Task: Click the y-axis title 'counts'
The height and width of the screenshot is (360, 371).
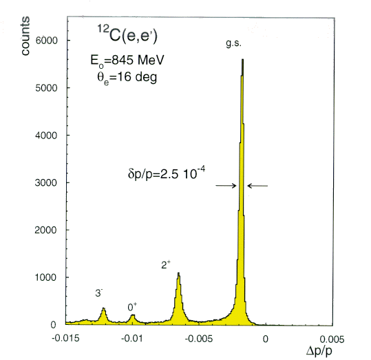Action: click(x=25, y=36)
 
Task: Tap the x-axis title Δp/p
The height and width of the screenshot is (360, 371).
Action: click(x=319, y=351)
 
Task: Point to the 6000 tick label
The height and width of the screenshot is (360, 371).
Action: click(x=46, y=41)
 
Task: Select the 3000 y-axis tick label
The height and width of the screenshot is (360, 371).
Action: click(x=46, y=182)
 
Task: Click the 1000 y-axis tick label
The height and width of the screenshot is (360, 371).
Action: click(x=46, y=277)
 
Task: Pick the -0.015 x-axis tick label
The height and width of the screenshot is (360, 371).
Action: click(x=65, y=339)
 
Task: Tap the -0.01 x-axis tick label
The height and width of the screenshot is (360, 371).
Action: click(x=132, y=339)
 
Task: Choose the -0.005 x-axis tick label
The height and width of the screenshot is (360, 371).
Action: click(x=199, y=339)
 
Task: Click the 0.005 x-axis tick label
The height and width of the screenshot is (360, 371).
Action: click(x=332, y=339)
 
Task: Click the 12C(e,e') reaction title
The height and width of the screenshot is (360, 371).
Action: click(x=127, y=34)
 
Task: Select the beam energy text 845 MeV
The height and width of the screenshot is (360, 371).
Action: click(x=138, y=60)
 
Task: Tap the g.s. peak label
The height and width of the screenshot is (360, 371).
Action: click(x=234, y=43)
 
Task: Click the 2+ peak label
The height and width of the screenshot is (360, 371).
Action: click(x=166, y=264)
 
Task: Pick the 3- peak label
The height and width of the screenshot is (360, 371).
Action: click(x=99, y=293)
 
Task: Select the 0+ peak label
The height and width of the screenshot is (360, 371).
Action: click(x=132, y=307)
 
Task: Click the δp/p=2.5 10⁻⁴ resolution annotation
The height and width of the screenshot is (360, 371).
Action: click(x=167, y=173)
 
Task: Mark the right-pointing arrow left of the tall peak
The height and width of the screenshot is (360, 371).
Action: click(x=226, y=186)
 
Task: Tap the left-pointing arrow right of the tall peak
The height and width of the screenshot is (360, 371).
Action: click(x=257, y=186)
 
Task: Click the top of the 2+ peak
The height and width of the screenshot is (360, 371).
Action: click(x=179, y=273)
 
